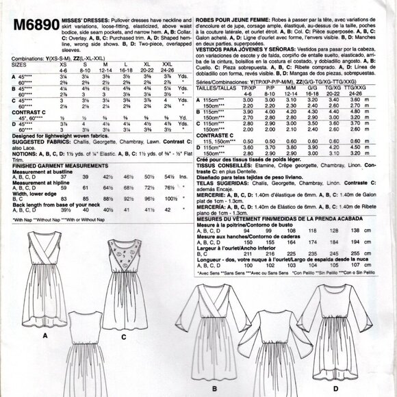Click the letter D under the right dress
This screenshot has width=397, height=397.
point(335,389)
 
